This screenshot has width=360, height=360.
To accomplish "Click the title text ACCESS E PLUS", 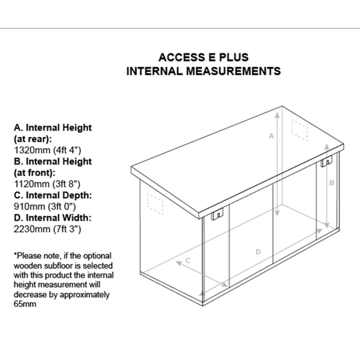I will click(203, 58).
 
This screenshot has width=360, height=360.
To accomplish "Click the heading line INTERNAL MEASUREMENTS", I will click(203, 71).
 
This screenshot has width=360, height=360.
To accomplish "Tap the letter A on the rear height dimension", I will click(271, 135).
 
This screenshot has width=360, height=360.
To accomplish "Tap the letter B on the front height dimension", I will click(332, 183).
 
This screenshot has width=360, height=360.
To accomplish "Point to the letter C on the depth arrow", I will click(188, 260).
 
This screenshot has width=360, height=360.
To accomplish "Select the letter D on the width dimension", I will click(258, 252).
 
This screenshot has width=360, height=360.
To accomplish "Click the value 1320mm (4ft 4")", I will click(48, 150).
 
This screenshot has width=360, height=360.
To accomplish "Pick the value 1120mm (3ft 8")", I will click(48, 184).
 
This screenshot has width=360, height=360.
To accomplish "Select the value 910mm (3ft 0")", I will click(45, 207).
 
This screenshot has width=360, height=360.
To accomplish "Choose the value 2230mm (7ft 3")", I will click(48, 229).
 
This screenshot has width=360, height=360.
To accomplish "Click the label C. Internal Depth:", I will click(53, 195).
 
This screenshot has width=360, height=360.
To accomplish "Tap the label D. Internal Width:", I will click(53, 218).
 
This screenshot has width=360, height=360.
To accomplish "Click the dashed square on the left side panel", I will click(155, 203).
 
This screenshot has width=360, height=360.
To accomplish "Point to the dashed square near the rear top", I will click(299, 130).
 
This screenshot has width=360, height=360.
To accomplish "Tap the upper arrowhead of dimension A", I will click(278, 114).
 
